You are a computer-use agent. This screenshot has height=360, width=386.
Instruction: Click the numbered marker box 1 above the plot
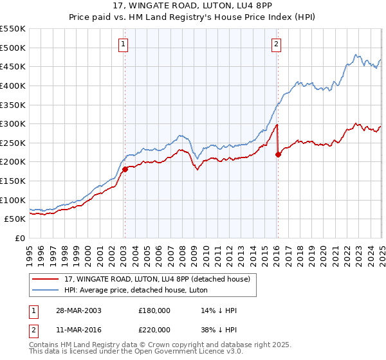(123, 44)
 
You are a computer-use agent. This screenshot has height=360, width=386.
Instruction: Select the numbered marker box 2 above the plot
(276, 44)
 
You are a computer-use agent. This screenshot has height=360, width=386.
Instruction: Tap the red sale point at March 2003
(125, 169)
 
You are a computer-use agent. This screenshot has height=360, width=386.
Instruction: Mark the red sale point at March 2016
(278, 154)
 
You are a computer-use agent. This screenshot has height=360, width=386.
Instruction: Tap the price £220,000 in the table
(154, 330)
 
